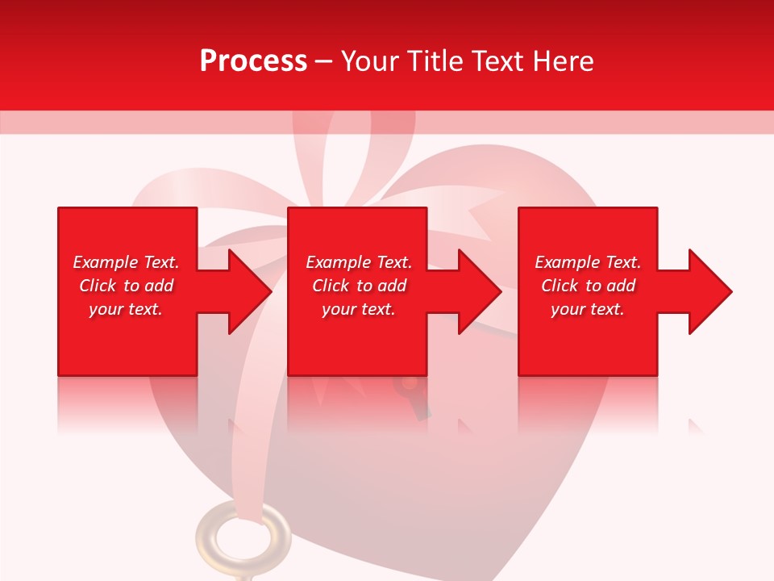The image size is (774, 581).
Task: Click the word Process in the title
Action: point(253,61)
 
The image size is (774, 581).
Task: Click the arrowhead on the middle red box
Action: point(475,291)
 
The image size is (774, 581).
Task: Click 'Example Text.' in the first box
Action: point(126,262)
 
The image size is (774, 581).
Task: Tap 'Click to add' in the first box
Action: point(126,286)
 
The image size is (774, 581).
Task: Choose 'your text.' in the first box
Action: point(126,309)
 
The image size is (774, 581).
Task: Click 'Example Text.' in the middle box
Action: point(359,262)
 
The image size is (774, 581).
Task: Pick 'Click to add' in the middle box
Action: point(359,286)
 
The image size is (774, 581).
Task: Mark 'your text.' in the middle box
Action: point(359,309)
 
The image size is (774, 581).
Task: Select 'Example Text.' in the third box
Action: point(588,262)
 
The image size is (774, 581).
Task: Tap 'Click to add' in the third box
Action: point(588,286)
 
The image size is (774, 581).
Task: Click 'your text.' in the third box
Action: point(588,309)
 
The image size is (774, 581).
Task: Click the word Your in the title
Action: point(368,61)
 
